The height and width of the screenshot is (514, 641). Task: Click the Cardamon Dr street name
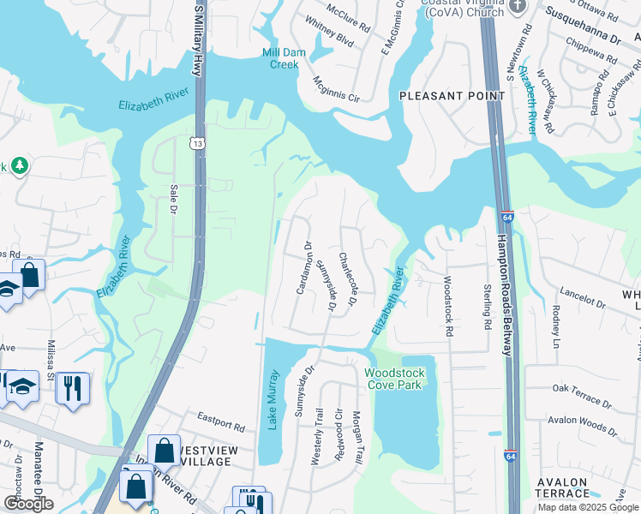tap(302, 268)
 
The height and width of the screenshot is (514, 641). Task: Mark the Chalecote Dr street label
tap(347, 278)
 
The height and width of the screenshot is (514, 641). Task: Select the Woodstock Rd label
tap(446, 305)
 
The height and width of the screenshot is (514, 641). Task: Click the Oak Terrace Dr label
tap(583, 395)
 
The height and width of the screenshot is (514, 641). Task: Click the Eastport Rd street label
tap(220, 421)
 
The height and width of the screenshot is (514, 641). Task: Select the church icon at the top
tap(516, 7)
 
